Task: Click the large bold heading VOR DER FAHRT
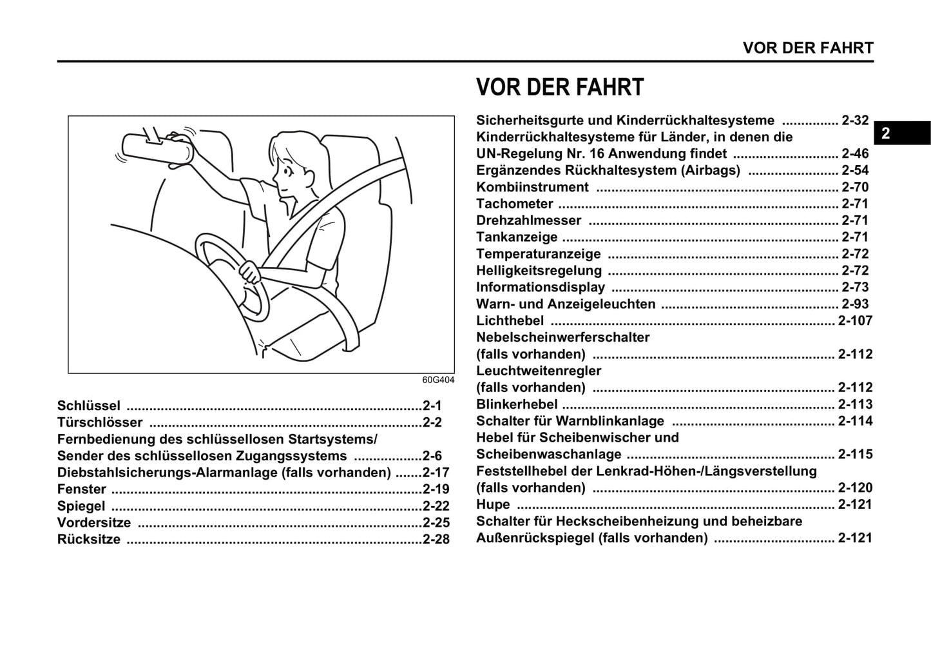pyautogui.click(x=559, y=88)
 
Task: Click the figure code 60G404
pyautogui.click(x=438, y=380)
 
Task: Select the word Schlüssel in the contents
pyautogui.click(x=89, y=406)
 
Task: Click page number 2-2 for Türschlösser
pyautogui.click(x=432, y=422)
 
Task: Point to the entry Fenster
pyautogui.click(x=82, y=489)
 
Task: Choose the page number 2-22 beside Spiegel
pyautogui.click(x=436, y=506)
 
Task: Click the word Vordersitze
pyautogui.click(x=94, y=523)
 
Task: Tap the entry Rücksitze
pyautogui.click(x=89, y=540)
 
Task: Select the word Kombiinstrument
pyautogui.click(x=532, y=187)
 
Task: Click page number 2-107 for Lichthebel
pyautogui.click(x=855, y=320)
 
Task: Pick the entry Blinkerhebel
pyautogui.click(x=517, y=404)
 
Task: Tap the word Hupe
pyautogui.click(x=493, y=504)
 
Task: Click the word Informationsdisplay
pyautogui.click(x=541, y=287)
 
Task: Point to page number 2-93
pyautogui.click(x=855, y=304)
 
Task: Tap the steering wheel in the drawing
pyautogui.click(x=232, y=277)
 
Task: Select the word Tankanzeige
pyautogui.click(x=517, y=237)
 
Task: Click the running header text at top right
pyautogui.click(x=808, y=48)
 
